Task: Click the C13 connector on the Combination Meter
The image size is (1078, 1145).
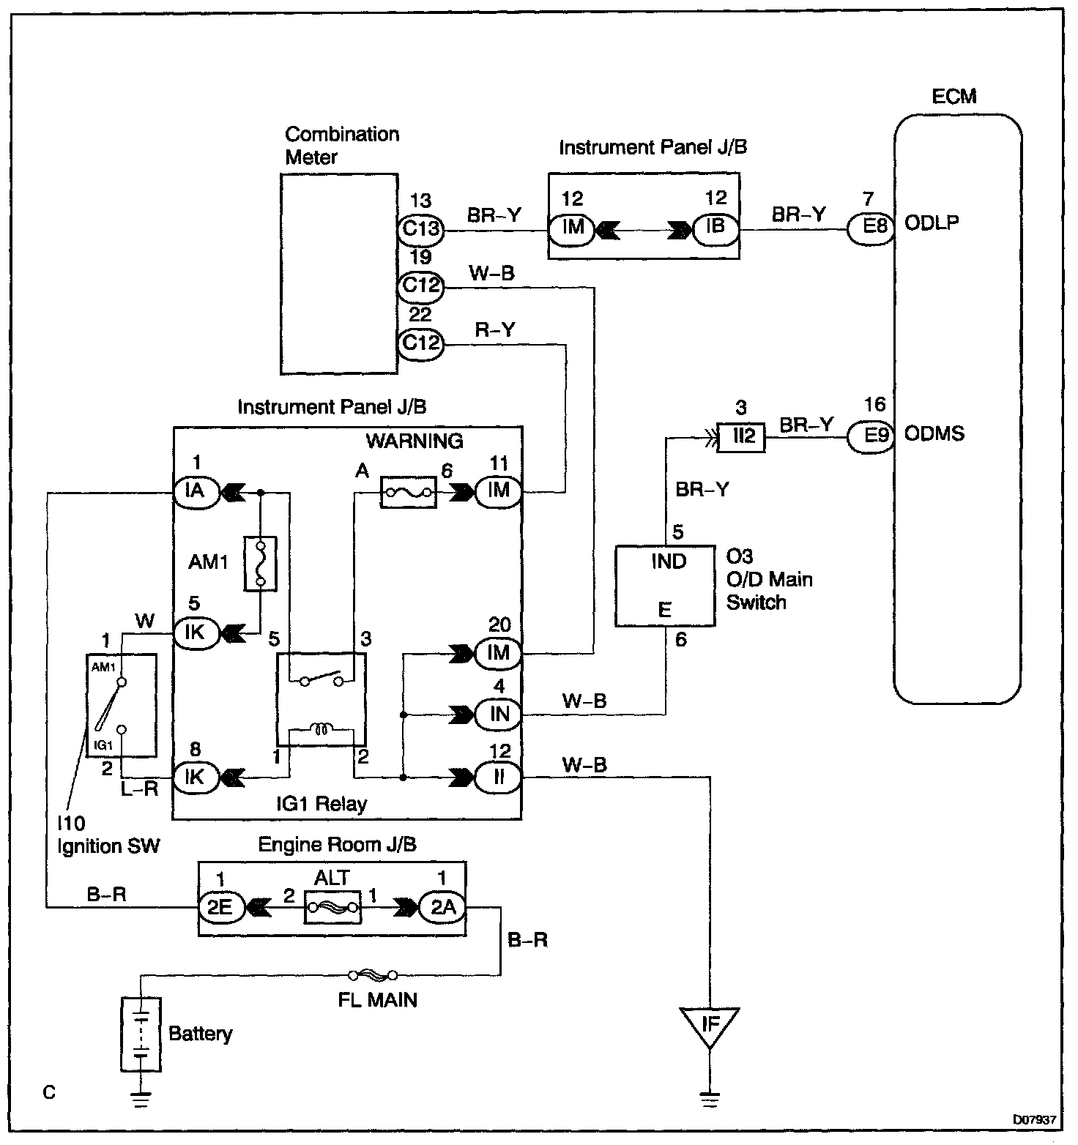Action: [420, 228]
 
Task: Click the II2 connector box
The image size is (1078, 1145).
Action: [743, 437]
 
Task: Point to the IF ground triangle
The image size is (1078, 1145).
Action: [710, 1026]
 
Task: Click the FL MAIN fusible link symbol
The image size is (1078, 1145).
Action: [373, 974]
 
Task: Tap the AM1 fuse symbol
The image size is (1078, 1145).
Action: [260, 563]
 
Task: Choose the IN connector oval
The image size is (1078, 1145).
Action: [498, 714]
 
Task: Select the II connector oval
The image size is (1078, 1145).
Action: [498, 777]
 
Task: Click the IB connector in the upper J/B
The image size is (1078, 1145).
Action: [715, 227]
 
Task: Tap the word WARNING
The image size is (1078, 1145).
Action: [415, 441]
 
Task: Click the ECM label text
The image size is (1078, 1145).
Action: [954, 96]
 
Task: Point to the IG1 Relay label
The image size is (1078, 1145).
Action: [321, 804]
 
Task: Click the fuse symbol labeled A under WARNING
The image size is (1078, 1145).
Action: [409, 493]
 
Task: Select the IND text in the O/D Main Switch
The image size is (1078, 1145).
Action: [669, 562]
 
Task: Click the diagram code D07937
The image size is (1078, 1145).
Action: [1034, 1119]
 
